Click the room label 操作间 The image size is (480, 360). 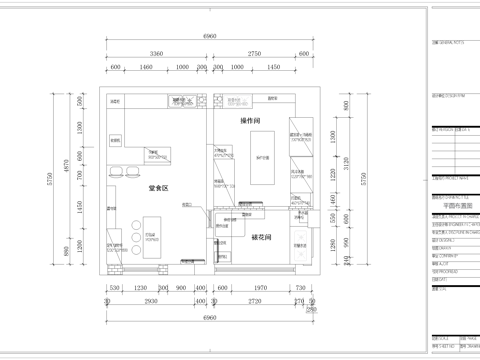(251, 120)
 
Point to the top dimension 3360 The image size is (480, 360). (156, 53)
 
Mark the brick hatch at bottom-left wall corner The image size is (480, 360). (113, 269)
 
